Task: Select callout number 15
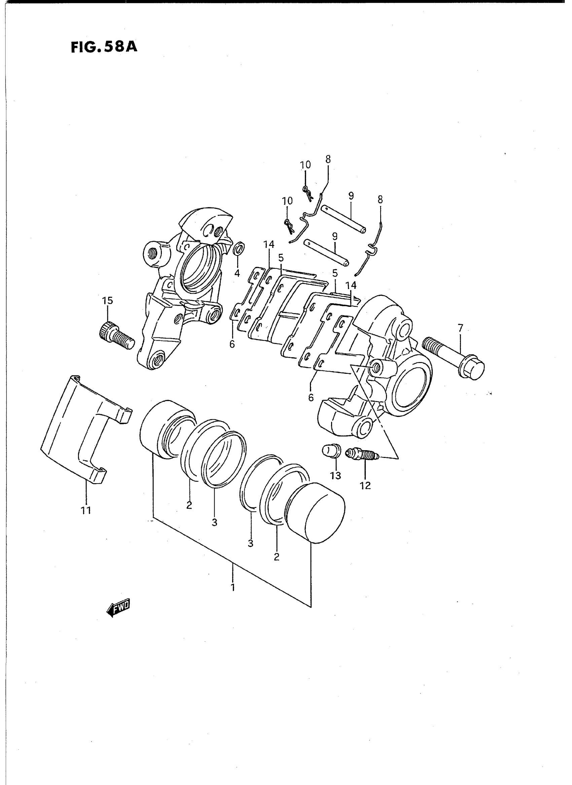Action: pyautogui.click(x=107, y=300)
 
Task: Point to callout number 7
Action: pyautogui.click(x=460, y=327)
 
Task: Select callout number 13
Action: pyautogui.click(x=335, y=476)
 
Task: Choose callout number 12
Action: pyautogui.click(x=365, y=486)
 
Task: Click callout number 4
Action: pyautogui.click(x=237, y=273)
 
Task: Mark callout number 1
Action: pyautogui.click(x=233, y=587)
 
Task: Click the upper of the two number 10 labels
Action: pyautogui.click(x=306, y=165)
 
